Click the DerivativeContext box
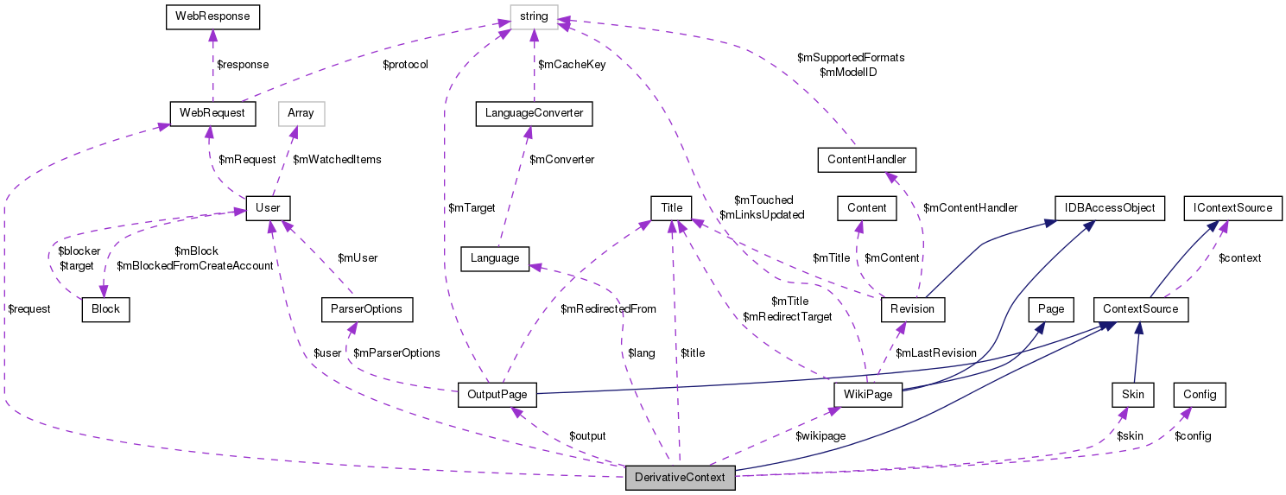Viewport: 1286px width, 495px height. coord(681,478)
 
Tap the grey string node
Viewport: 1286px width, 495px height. coord(534,16)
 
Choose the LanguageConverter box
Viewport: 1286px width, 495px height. coord(534,113)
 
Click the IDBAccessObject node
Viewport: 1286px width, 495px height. coord(1110,208)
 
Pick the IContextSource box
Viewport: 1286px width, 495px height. coord(1226,208)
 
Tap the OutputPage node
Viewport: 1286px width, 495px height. coord(497,395)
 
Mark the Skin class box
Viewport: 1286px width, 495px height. coord(1132,395)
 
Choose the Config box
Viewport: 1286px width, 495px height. coord(1200,395)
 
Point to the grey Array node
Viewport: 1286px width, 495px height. coord(300,113)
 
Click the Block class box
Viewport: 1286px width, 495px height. coord(105,309)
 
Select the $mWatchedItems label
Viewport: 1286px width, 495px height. coord(337,159)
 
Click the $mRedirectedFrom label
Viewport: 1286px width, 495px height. coord(608,308)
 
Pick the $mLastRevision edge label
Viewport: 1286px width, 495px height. coord(936,352)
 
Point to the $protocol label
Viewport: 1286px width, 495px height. coord(405,64)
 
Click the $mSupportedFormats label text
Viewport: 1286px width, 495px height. coord(851,57)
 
